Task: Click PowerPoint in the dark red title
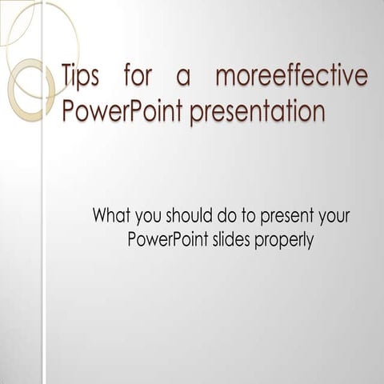[x=122, y=111]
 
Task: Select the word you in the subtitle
[x=151, y=217]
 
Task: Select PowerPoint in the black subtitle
[x=166, y=240]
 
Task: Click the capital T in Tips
[x=68, y=76]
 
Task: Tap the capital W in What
[x=102, y=215]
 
